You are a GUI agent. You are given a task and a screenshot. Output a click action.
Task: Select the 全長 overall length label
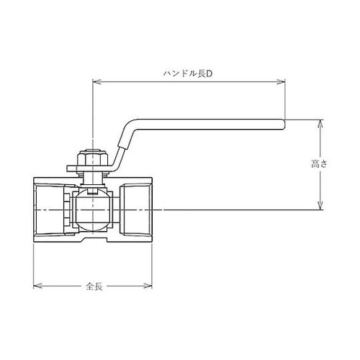(x=94, y=287)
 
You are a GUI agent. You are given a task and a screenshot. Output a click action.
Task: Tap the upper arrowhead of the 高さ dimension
(x=320, y=123)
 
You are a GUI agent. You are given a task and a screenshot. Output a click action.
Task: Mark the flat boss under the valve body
(x=93, y=238)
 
